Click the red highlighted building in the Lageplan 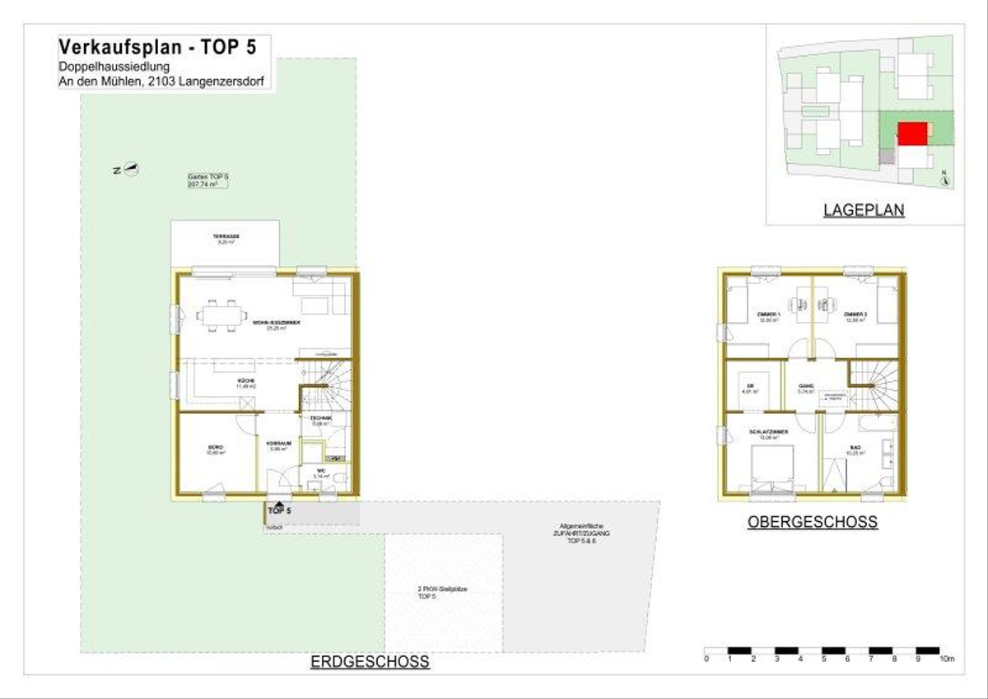coord(912,133)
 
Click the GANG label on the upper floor coord(807,386)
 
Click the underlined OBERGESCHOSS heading coord(812,522)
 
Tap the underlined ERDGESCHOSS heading coord(370,662)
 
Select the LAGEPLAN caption coord(864,211)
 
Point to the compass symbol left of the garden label coord(131,170)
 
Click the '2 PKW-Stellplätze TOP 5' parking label coord(443,592)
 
